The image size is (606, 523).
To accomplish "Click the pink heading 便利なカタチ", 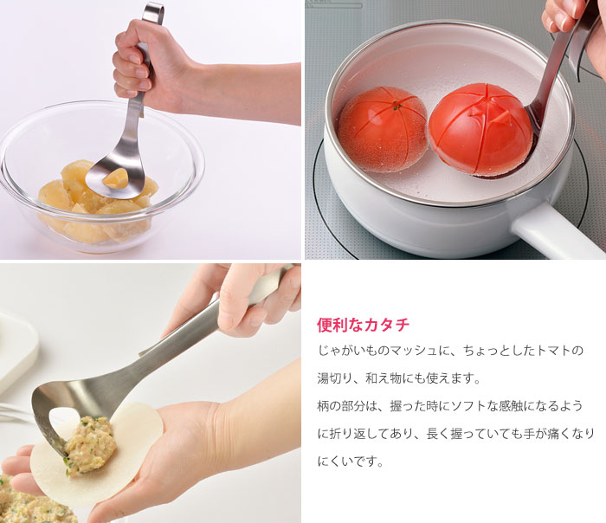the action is tap(363, 325).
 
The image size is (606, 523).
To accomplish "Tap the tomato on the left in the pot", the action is tap(383, 129).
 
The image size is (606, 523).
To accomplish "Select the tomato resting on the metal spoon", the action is tap(474, 129).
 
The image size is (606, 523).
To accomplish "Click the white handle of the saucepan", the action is tap(557, 231).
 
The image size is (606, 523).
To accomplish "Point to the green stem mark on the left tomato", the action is tap(395, 106).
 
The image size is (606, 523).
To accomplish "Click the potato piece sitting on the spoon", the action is tap(115, 178).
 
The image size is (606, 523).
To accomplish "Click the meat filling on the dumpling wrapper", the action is tap(90, 444).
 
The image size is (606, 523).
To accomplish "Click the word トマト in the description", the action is tap(551, 351).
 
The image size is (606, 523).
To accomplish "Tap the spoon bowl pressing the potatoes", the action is tap(115, 176).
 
